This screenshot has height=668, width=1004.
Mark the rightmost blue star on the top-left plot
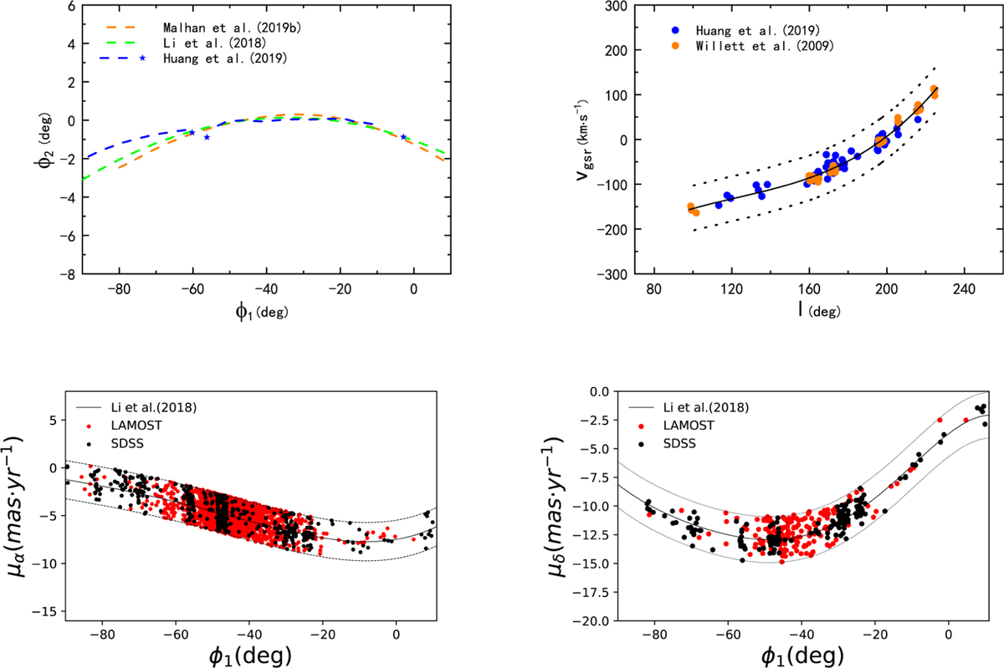point(403,136)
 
